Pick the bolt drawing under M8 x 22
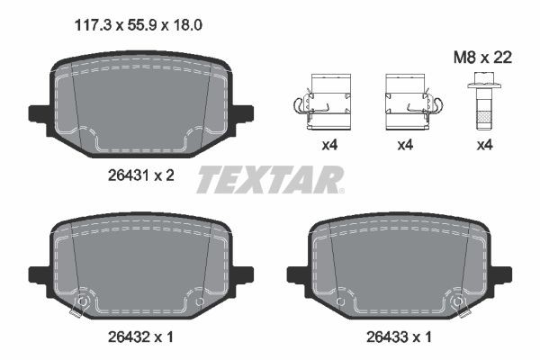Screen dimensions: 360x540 pos(484,106)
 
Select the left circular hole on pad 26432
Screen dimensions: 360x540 pos(84,301)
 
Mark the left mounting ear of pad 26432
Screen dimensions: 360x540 pos(40,272)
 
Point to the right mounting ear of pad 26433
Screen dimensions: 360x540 pos(500,272)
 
